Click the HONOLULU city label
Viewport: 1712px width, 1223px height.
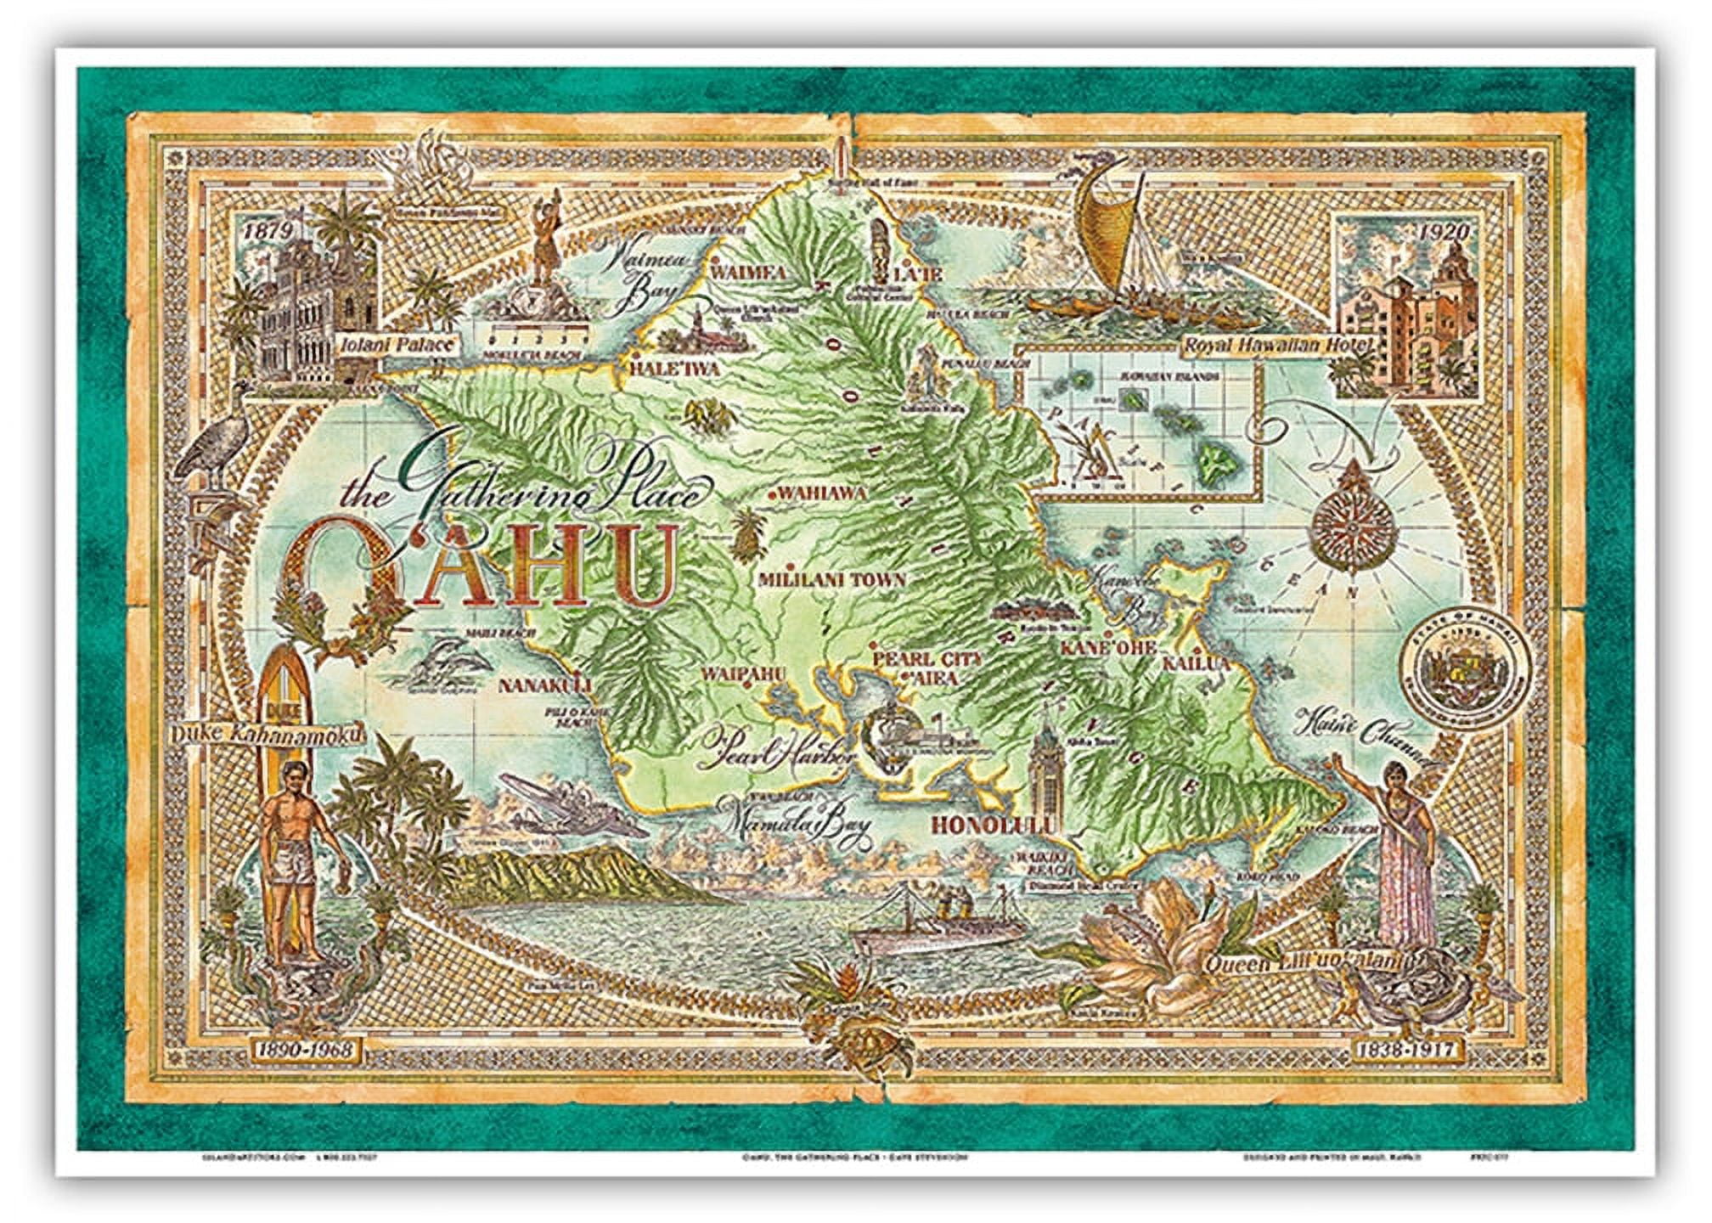[x=995, y=826]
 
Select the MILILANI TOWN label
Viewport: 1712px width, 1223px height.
[x=831, y=580]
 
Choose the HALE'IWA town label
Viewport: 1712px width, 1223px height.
[x=673, y=369]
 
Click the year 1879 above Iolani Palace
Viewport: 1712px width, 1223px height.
[x=266, y=231]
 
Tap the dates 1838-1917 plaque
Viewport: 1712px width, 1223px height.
[x=1405, y=1050]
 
